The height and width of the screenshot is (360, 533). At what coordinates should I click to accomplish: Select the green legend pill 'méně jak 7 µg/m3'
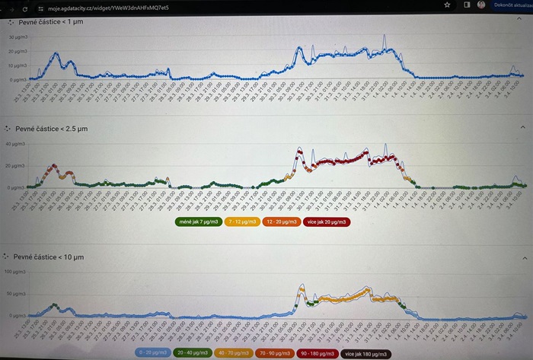click(x=196, y=222)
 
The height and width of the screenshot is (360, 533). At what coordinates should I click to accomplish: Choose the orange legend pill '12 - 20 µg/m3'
click(x=282, y=222)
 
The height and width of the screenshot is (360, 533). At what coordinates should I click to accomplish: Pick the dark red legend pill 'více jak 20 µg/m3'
click(x=328, y=222)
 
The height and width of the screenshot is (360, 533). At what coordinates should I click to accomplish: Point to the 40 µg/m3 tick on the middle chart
click(x=13, y=144)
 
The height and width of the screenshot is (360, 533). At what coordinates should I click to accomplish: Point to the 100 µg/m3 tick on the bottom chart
click(x=14, y=272)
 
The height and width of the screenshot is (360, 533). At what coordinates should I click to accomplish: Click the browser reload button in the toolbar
click(x=24, y=7)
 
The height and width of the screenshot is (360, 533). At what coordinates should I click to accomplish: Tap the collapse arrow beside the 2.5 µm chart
click(x=522, y=127)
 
